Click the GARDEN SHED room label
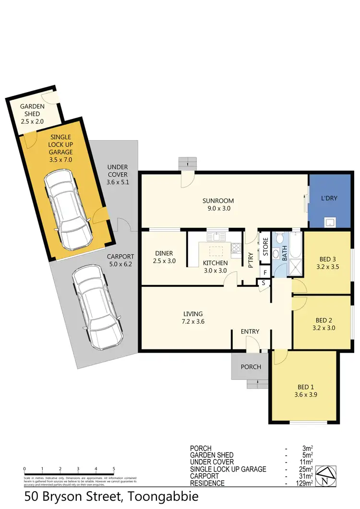click(x=32, y=107)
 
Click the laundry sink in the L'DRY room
click(x=330, y=222)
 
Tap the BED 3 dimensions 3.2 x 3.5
click(x=328, y=268)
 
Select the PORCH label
click(x=251, y=367)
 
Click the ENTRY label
click(x=250, y=331)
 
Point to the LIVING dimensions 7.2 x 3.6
click(x=192, y=322)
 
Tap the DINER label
click(x=164, y=253)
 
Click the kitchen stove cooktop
click(x=235, y=248)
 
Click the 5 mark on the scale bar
click(x=114, y=468)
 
